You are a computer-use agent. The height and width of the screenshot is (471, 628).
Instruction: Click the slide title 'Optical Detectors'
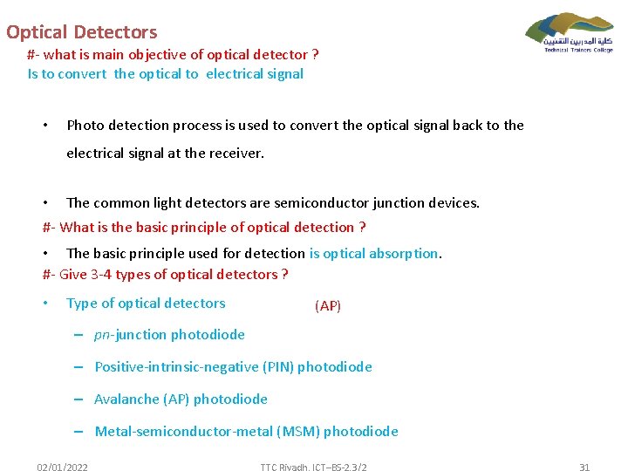(x=81, y=32)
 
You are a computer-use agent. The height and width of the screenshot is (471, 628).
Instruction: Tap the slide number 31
(x=584, y=468)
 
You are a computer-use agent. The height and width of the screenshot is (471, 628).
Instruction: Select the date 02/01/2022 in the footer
(x=62, y=468)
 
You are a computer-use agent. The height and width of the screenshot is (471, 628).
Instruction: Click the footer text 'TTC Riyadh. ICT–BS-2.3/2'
(x=313, y=468)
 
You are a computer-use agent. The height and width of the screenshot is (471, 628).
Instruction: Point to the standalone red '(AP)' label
(x=328, y=306)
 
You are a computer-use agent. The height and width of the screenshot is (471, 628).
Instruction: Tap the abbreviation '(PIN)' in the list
(x=277, y=367)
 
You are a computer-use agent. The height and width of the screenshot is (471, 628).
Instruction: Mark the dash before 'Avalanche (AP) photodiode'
(x=78, y=399)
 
